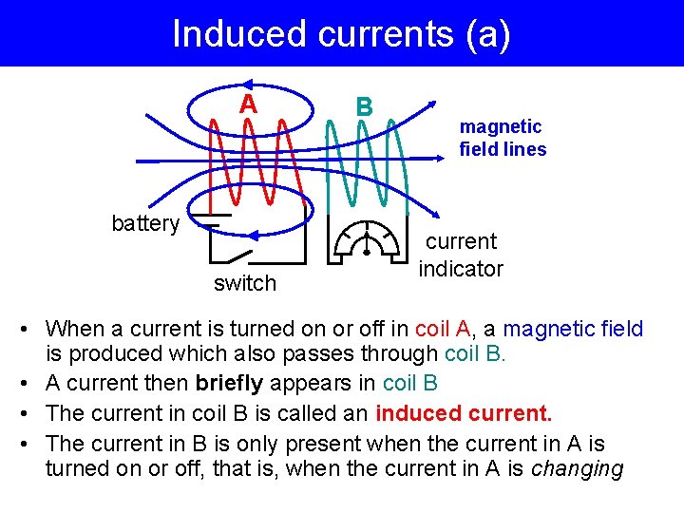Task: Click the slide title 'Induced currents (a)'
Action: [x=341, y=34]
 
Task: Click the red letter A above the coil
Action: [x=248, y=104]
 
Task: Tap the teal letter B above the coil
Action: [x=363, y=106]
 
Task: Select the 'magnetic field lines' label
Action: [x=503, y=138]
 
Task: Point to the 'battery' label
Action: [x=145, y=223]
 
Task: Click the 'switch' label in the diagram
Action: [x=245, y=283]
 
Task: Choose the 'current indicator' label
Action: [x=461, y=256]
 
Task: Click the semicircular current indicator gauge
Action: [x=366, y=241]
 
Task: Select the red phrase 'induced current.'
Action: [x=464, y=414]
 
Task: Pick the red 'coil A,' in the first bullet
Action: [x=444, y=330]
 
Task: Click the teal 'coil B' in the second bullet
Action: [x=410, y=384]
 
